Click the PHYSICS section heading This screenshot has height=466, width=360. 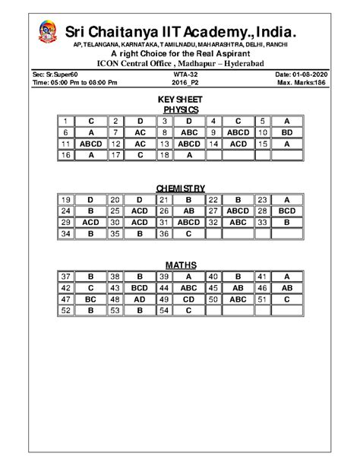click(x=180, y=109)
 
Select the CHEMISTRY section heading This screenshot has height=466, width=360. click(x=180, y=188)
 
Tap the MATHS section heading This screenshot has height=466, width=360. click(x=180, y=265)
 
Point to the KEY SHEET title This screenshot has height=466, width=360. click(x=180, y=100)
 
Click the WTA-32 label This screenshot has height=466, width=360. click(x=180, y=72)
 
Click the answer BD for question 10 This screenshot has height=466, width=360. click(x=287, y=132)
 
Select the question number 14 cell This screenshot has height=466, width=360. click(x=214, y=143)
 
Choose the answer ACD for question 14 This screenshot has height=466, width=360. click(x=238, y=143)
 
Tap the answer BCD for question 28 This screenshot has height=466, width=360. click(x=287, y=210)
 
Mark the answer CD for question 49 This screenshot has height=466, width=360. click(x=190, y=300)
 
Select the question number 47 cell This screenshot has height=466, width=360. click(x=66, y=300)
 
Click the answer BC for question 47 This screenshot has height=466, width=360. click(x=90, y=300)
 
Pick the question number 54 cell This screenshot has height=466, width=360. click(x=163, y=311)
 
